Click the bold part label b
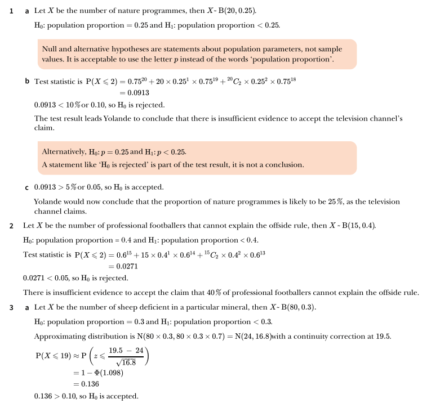coord(26,82)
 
